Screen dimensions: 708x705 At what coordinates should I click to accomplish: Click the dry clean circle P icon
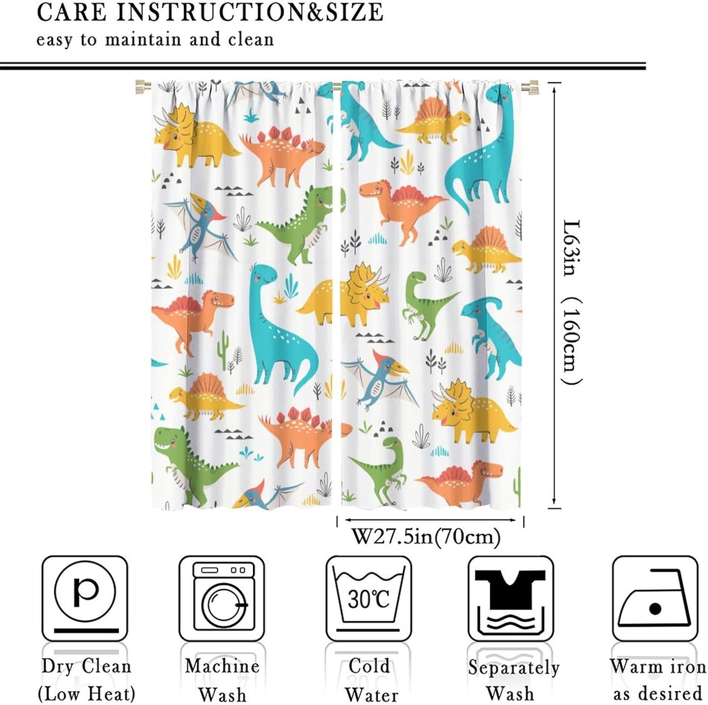(x=85, y=598)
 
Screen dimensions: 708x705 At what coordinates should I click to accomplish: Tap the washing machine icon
(x=222, y=598)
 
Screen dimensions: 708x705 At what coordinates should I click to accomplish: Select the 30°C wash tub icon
(x=369, y=598)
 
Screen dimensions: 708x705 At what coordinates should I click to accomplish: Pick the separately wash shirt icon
(x=511, y=598)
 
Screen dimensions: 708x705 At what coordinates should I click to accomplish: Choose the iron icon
(x=655, y=598)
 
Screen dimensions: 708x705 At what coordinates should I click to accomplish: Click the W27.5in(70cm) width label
(x=426, y=536)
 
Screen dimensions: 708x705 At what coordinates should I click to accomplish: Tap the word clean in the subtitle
(x=251, y=39)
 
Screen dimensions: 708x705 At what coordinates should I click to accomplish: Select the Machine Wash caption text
(x=222, y=680)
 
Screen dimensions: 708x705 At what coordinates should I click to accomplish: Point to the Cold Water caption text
(x=371, y=680)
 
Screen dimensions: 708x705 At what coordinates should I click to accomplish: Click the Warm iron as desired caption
(x=657, y=680)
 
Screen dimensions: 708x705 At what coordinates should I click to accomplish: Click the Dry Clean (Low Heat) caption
(x=86, y=680)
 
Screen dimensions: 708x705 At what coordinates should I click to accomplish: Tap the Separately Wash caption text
(x=513, y=680)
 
